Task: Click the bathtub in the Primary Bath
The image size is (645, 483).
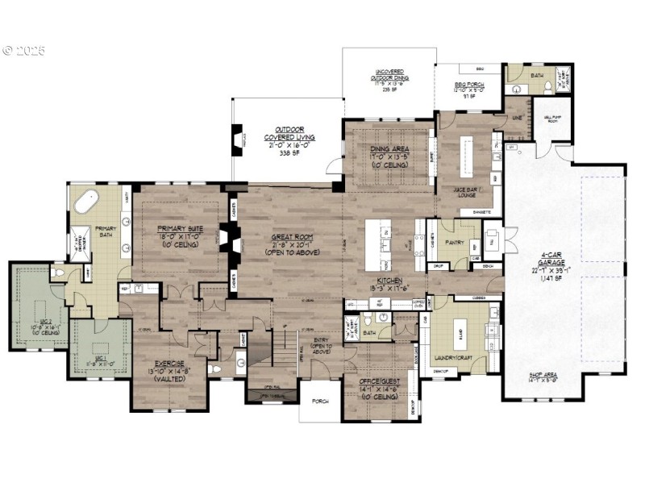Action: [x=85, y=201]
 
